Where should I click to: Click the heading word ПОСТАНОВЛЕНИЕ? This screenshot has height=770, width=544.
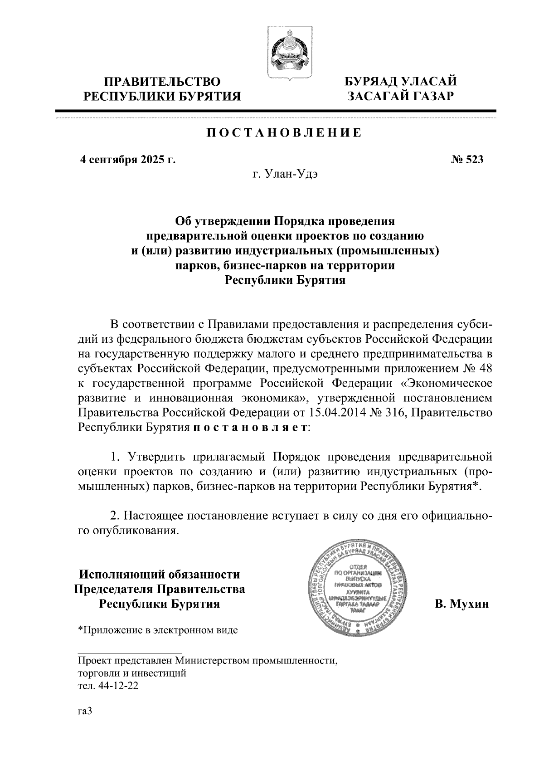[284, 133]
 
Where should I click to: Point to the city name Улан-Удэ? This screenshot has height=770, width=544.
[295, 175]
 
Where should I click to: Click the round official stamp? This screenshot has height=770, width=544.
[358, 593]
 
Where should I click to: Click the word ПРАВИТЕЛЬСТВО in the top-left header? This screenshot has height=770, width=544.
[163, 82]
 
